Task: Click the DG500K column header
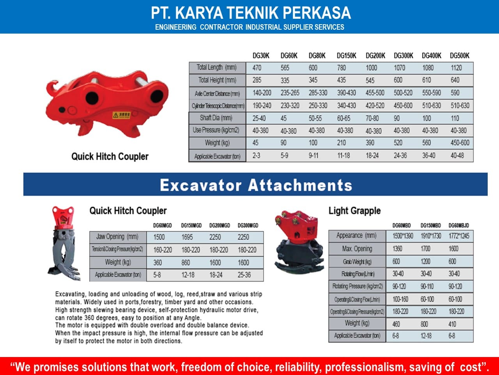460,56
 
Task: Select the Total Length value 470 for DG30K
257,68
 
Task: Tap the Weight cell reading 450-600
460,143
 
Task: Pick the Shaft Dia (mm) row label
216,118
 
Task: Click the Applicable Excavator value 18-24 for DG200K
372,155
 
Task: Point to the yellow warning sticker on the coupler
121,115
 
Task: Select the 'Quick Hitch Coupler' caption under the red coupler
110,157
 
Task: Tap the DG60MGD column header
162,225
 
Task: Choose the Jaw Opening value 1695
187,237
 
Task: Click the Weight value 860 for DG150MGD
186,262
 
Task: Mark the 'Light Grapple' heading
354,211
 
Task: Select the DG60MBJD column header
458,225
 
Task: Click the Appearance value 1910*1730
430,236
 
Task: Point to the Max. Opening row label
357,249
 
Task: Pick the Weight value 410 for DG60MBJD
452,324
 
